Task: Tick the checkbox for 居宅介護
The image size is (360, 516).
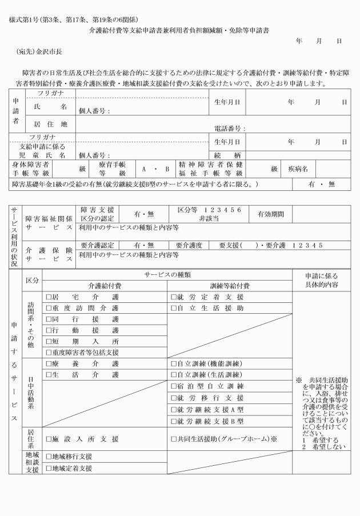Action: (48, 298)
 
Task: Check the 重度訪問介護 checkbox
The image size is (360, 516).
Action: (48, 309)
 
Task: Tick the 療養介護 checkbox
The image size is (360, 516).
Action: (48, 364)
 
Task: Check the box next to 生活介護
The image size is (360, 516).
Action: (48, 375)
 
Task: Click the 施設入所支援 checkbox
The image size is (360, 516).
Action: (48, 439)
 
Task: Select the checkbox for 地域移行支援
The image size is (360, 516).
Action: (48, 457)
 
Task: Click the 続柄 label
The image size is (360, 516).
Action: (226, 155)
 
